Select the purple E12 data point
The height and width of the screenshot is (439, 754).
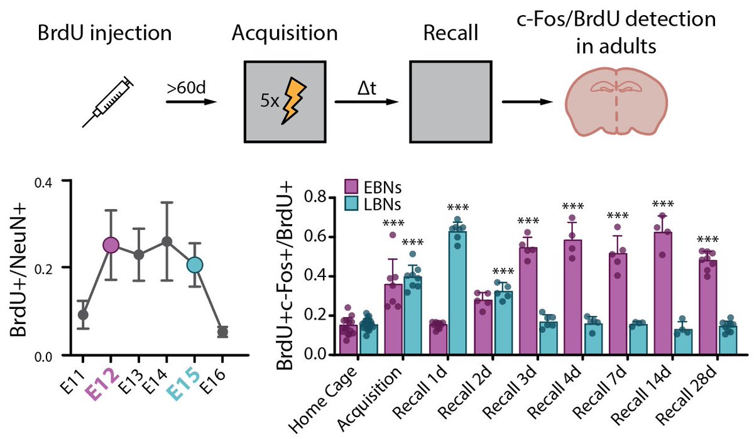[x=111, y=245]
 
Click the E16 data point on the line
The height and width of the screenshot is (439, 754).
[x=222, y=332]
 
